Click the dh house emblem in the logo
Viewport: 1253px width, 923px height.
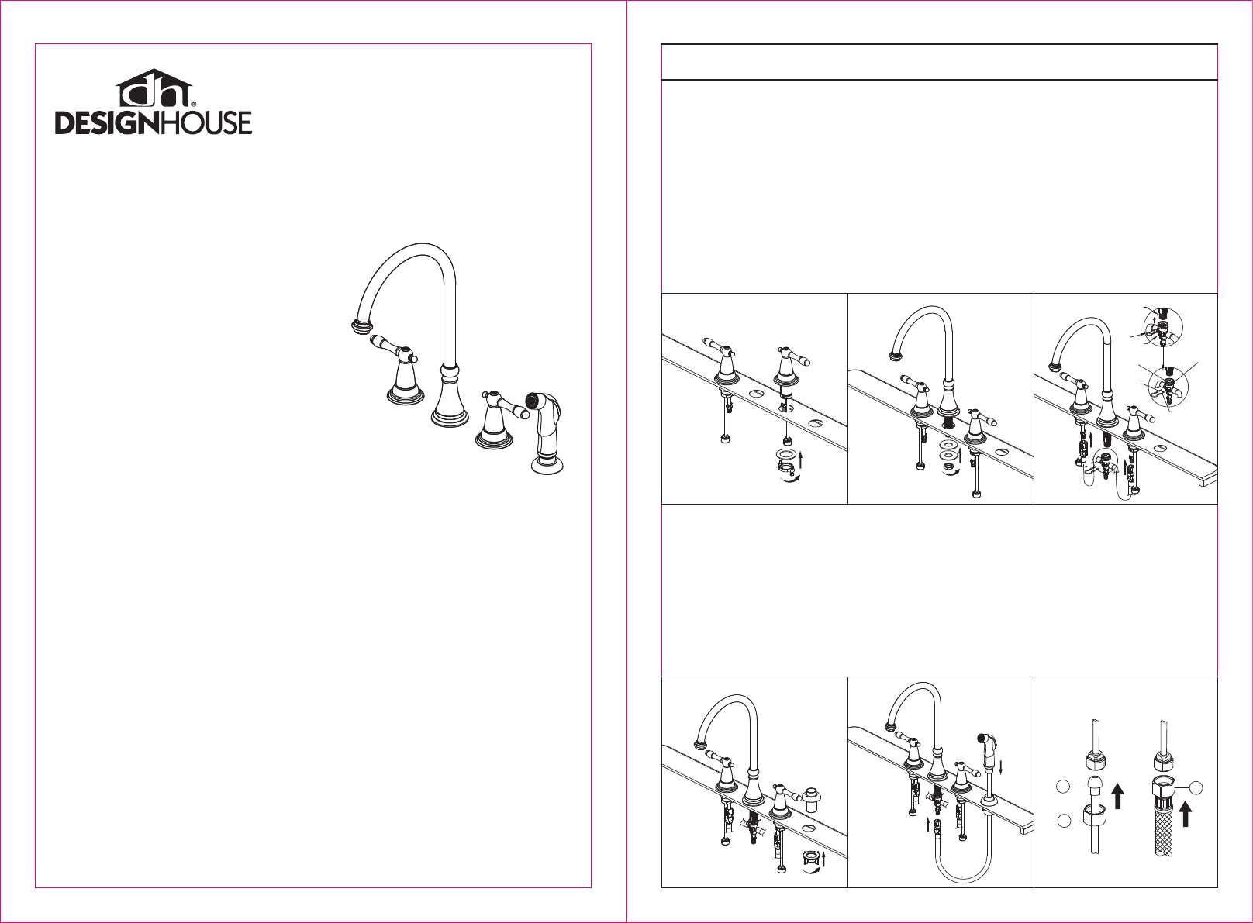point(154,88)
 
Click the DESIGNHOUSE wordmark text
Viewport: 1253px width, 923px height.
point(154,122)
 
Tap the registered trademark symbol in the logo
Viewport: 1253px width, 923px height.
point(194,104)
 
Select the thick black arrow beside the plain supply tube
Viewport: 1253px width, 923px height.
point(1117,796)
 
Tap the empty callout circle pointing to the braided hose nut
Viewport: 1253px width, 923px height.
point(1196,787)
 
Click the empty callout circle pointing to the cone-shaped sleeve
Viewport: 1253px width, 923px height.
point(1063,787)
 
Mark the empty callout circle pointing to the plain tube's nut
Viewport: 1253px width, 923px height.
point(1063,821)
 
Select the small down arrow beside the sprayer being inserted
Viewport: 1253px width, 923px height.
point(1001,767)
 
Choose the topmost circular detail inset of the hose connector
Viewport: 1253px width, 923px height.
point(1163,326)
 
